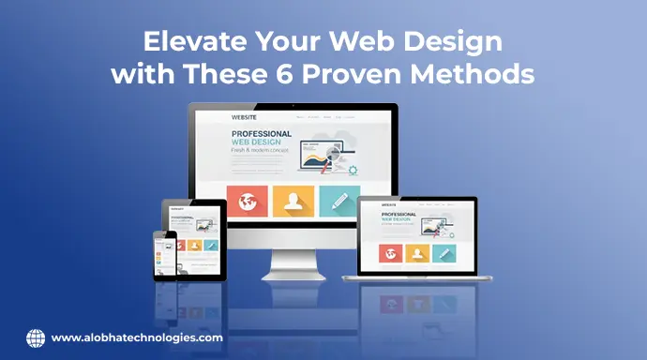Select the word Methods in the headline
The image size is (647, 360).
(481, 74)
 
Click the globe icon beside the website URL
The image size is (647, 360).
(36, 337)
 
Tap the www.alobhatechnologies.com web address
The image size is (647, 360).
(137, 337)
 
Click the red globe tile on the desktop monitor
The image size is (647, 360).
(247, 201)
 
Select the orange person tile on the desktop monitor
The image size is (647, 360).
(293, 201)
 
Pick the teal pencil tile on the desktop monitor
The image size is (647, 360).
(339, 201)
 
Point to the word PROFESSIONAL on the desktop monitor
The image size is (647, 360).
(262, 134)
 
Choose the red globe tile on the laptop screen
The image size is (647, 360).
(390, 252)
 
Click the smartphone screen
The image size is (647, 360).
(166, 255)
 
